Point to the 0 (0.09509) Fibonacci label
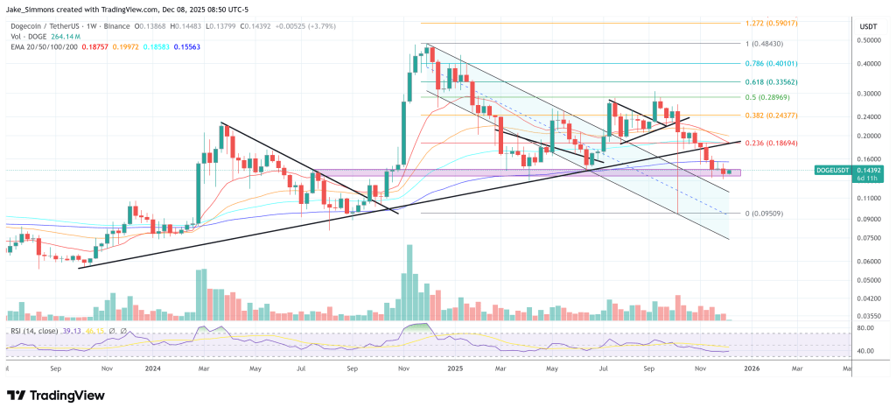765,214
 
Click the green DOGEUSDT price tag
839,172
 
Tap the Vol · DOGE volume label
25,35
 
